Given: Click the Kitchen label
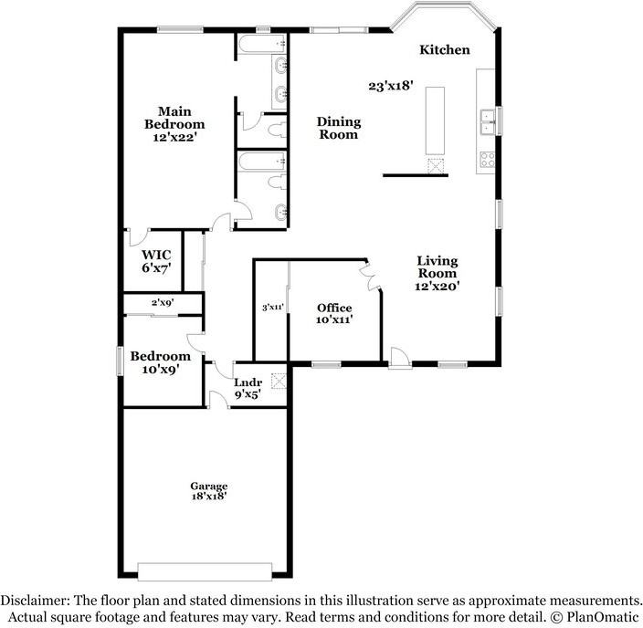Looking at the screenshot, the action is coord(445,50).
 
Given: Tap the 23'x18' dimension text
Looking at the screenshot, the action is coord(390,86).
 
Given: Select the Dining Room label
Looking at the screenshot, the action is coord(339,128).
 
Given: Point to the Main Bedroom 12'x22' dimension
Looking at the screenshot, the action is coord(175,137).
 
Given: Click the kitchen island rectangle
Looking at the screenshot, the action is coord(435,120).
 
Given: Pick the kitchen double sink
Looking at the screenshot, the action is coord(488,122).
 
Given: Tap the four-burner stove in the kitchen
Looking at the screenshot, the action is coord(488,160).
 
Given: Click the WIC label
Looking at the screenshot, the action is coord(156,255).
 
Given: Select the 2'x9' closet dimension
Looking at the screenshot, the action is coord(163,302).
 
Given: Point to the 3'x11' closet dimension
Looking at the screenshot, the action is coord(273,307).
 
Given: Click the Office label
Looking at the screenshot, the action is coord(334,308).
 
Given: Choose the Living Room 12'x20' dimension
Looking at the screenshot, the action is coord(437,286).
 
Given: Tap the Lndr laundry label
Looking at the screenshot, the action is coord(248,382).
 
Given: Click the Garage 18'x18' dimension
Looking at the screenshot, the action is coord(209,496).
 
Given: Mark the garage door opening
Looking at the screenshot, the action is coord(205,571).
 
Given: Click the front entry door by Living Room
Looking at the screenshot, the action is coord(400,359).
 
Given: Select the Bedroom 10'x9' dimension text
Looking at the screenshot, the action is coord(161,369).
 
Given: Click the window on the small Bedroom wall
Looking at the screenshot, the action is coord(120,361).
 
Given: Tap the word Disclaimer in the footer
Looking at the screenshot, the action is coord(35,601).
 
